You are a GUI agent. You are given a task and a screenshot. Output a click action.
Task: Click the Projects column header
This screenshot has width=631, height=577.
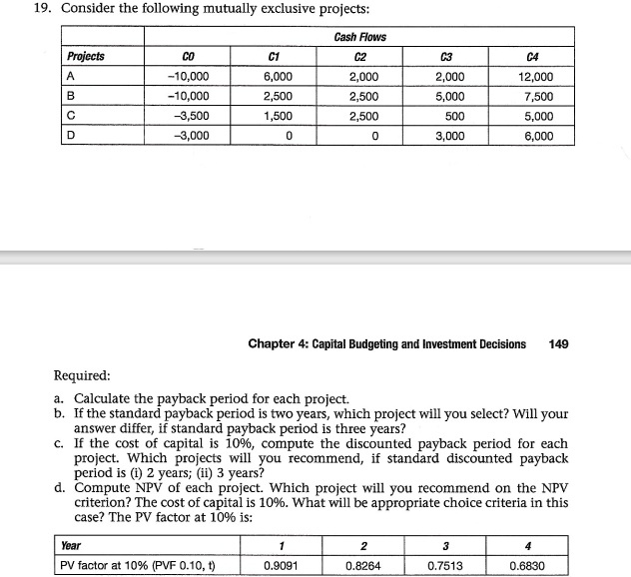pyautogui.click(x=86, y=56)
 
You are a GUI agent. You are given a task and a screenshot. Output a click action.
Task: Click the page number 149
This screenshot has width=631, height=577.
pyautogui.click(x=558, y=343)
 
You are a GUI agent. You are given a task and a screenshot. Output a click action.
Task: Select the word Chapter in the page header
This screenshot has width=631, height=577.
pyautogui.click(x=274, y=343)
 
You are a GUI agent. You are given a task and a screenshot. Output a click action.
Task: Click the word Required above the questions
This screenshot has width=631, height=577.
pyautogui.click(x=81, y=376)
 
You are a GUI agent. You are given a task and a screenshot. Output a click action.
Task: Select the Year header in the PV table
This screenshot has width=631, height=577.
pyautogui.click(x=71, y=545)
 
